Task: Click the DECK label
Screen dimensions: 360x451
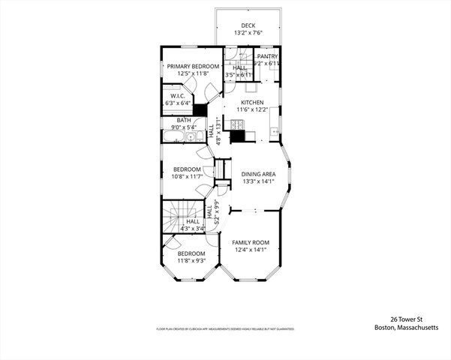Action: (x=248, y=25)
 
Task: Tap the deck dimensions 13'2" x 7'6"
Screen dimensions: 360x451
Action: (x=248, y=33)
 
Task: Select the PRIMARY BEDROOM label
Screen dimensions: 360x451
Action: (x=193, y=66)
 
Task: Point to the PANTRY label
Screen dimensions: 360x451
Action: (x=267, y=56)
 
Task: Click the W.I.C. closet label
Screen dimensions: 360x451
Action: (x=178, y=96)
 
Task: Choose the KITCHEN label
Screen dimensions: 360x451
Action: (x=252, y=102)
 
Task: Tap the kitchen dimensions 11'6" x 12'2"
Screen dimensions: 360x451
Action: (x=252, y=109)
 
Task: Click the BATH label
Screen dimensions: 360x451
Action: (x=184, y=120)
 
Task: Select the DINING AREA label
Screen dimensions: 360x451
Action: (x=258, y=174)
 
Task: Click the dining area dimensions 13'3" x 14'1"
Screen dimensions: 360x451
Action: (x=258, y=181)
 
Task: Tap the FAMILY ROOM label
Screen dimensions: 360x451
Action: (x=250, y=242)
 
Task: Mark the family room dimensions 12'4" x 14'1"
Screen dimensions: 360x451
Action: (x=250, y=250)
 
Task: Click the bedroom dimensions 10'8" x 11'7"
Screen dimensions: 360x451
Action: (x=187, y=176)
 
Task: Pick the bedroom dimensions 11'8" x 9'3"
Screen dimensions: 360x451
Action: (x=191, y=262)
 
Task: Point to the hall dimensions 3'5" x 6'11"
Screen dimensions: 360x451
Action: (x=239, y=74)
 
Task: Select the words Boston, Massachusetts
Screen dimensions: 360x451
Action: (x=405, y=327)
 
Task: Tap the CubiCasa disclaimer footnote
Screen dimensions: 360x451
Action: (x=224, y=328)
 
